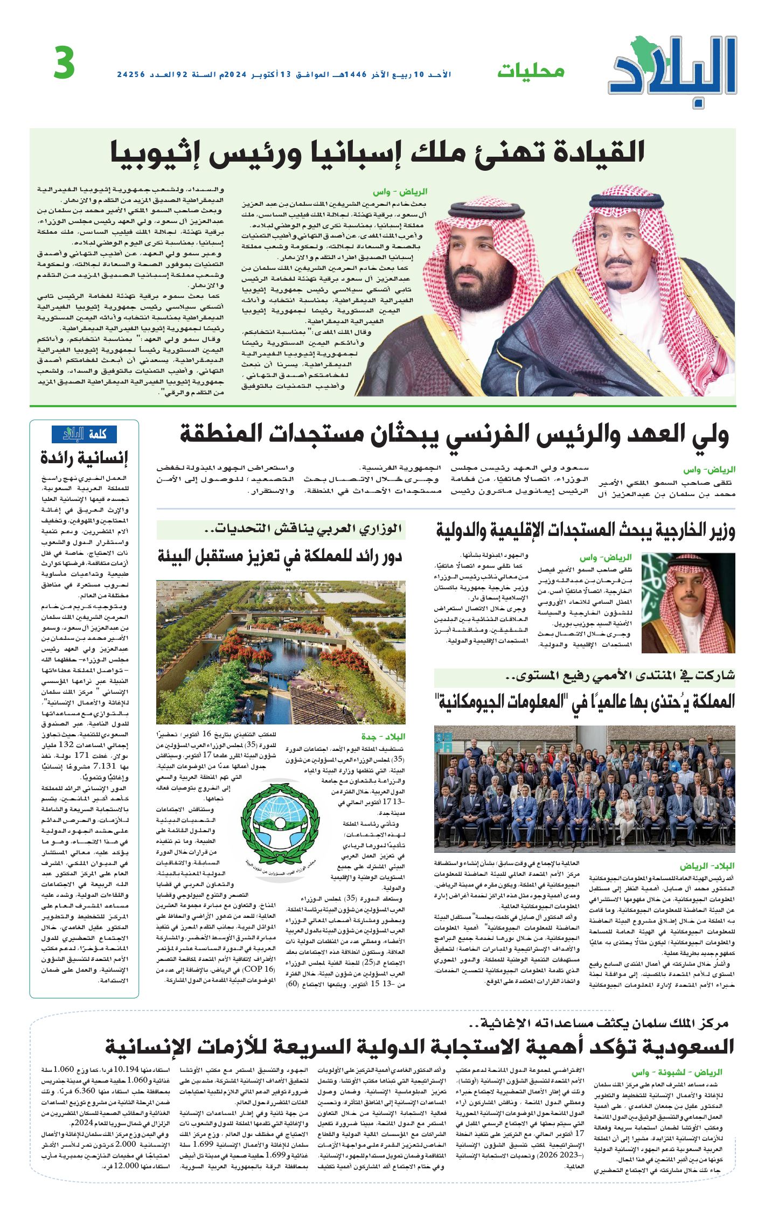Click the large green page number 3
[x=64, y=64]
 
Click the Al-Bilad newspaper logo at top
[x=673, y=70]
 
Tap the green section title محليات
[x=530, y=71]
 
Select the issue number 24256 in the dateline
[x=131, y=74]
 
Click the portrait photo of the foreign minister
[x=688, y=603]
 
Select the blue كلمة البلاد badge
[x=84, y=434]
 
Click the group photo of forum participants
[x=585, y=789]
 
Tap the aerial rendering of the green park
[x=281, y=652]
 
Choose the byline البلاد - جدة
[x=383, y=736]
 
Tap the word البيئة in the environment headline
[x=183, y=556]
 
